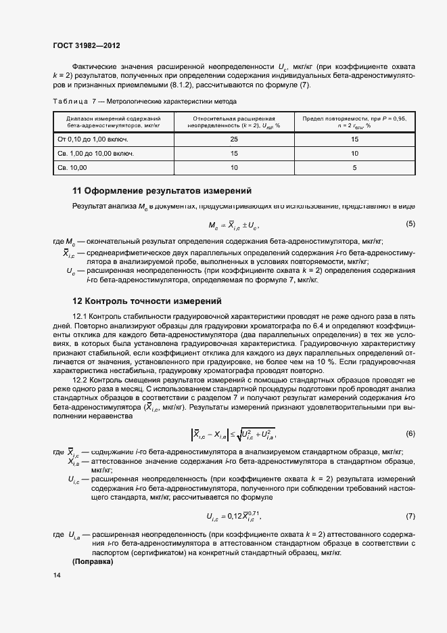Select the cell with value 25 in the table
click(234, 139)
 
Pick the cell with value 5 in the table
click(354, 167)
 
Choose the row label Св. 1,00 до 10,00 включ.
click(95, 154)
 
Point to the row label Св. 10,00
click(71, 167)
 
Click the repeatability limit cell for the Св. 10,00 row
click(354, 167)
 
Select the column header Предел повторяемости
click(354, 121)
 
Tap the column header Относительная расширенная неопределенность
click(234, 121)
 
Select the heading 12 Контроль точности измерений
click(147, 301)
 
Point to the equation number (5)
click(410, 223)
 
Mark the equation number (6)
click(410, 433)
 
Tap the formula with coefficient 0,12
click(234, 517)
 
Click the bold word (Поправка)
click(93, 562)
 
